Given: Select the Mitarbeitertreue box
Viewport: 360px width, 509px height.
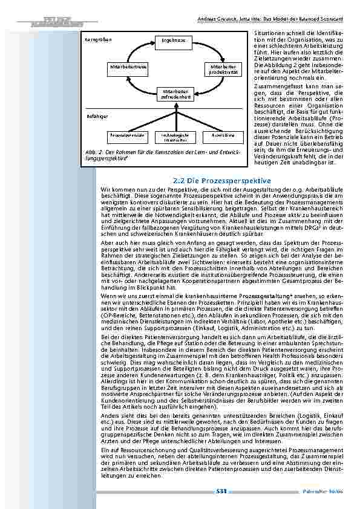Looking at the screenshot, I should click(125, 66).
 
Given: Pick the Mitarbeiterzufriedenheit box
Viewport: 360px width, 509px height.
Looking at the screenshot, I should click(174, 94).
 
